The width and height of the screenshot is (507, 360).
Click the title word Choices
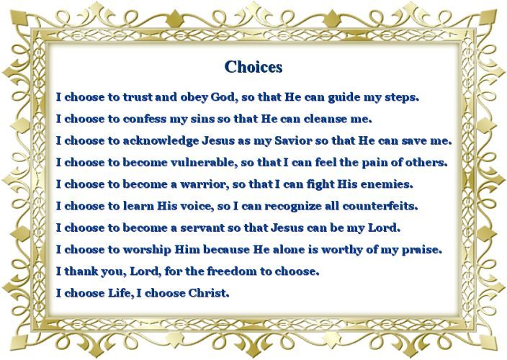(253, 67)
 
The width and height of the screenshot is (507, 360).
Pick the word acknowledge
(161, 141)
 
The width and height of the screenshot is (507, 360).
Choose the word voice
(196, 206)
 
